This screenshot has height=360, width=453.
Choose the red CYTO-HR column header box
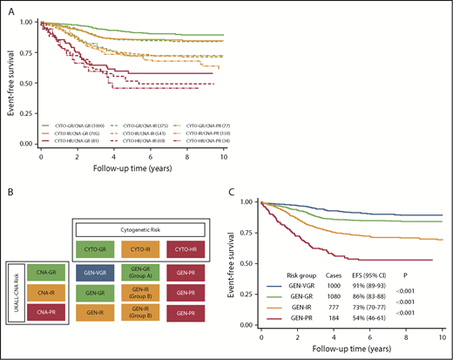tap(184, 228)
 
